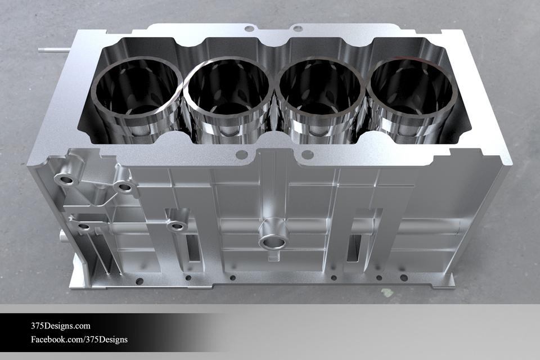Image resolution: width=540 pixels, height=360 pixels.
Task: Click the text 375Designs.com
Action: (60, 326)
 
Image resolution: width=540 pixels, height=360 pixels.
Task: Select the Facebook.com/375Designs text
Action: (79, 339)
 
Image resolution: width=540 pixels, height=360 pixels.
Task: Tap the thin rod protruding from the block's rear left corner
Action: (54, 49)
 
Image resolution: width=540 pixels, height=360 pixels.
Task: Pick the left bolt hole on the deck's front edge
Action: (241, 154)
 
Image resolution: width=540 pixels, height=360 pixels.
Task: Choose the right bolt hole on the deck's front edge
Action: (307, 154)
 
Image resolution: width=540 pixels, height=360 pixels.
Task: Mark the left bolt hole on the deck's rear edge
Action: (247, 26)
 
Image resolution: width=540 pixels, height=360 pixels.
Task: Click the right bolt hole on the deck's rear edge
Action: (298, 28)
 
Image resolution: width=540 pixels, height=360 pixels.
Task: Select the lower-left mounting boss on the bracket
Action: (83, 227)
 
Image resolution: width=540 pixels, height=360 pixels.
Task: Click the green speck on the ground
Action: (387, 292)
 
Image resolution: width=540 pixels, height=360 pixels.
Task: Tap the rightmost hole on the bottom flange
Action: (404, 277)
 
